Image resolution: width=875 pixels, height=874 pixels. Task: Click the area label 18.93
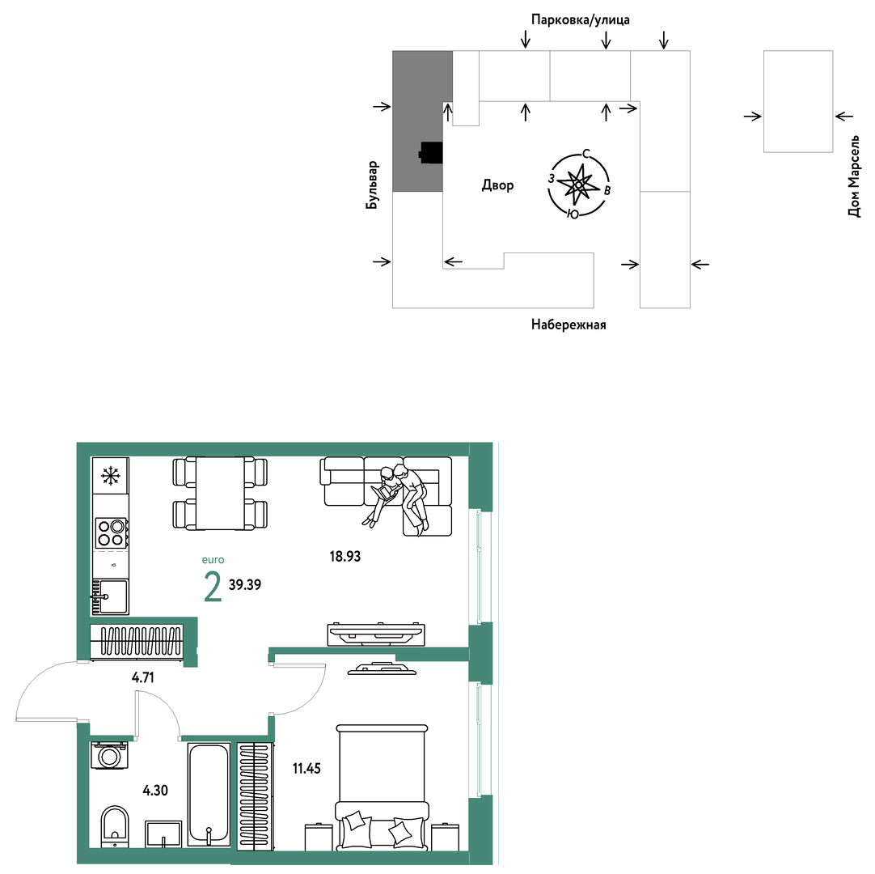point(345,556)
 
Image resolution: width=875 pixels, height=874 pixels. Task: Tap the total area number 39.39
point(245,585)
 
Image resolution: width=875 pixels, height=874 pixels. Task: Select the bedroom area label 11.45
point(307,769)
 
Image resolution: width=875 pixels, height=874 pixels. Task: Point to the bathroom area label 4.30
point(155,790)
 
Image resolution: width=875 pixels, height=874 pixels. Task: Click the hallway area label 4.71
point(143,677)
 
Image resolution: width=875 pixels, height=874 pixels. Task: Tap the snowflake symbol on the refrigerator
point(111,476)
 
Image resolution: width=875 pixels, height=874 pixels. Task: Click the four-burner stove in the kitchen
point(111,532)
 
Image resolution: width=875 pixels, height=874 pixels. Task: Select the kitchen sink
point(110,596)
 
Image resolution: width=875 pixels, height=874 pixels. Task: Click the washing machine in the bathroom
point(109,756)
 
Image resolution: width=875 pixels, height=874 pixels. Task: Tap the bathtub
point(209,794)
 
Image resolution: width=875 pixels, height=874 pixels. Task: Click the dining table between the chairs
point(220,493)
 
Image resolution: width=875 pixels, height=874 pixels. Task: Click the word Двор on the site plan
point(498,185)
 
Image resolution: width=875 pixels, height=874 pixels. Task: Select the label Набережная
point(569,325)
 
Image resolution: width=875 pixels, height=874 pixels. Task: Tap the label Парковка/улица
point(581,20)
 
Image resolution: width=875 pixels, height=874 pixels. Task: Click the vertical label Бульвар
point(372,185)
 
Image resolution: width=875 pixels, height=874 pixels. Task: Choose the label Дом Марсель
point(854,176)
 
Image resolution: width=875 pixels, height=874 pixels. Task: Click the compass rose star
point(578,185)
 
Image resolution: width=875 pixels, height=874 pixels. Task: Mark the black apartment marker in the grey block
point(431,152)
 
